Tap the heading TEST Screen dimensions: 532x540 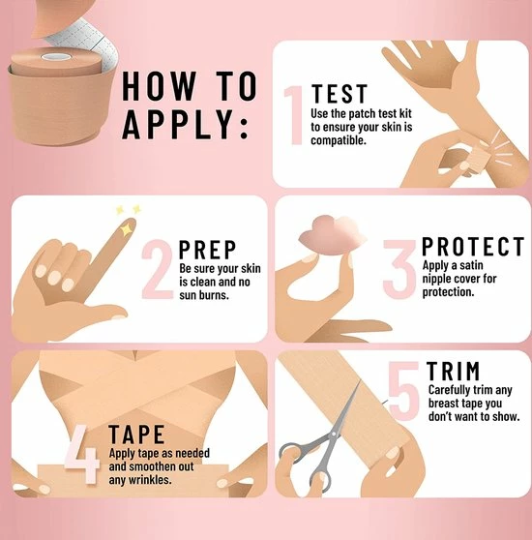tap(340, 94)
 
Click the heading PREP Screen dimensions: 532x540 tap(208, 250)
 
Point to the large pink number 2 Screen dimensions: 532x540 tap(157, 269)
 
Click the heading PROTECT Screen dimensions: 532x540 tap(473, 246)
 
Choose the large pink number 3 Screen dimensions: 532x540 tap(400, 269)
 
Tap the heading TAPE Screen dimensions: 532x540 tap(136, 435)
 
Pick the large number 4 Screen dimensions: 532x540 tap(82, 454)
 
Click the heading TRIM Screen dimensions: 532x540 tap(454, 371)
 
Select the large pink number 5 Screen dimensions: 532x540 tap(403, 391)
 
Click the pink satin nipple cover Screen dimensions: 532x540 tap(331, 235)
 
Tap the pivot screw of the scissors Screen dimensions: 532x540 tap(333, 435)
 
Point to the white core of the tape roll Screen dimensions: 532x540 tap(56, 56)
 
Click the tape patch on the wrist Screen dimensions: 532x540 tap(479, 162)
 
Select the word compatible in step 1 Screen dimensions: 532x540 tap(339, 140)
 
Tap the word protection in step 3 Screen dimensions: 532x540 tap(449, 292)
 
